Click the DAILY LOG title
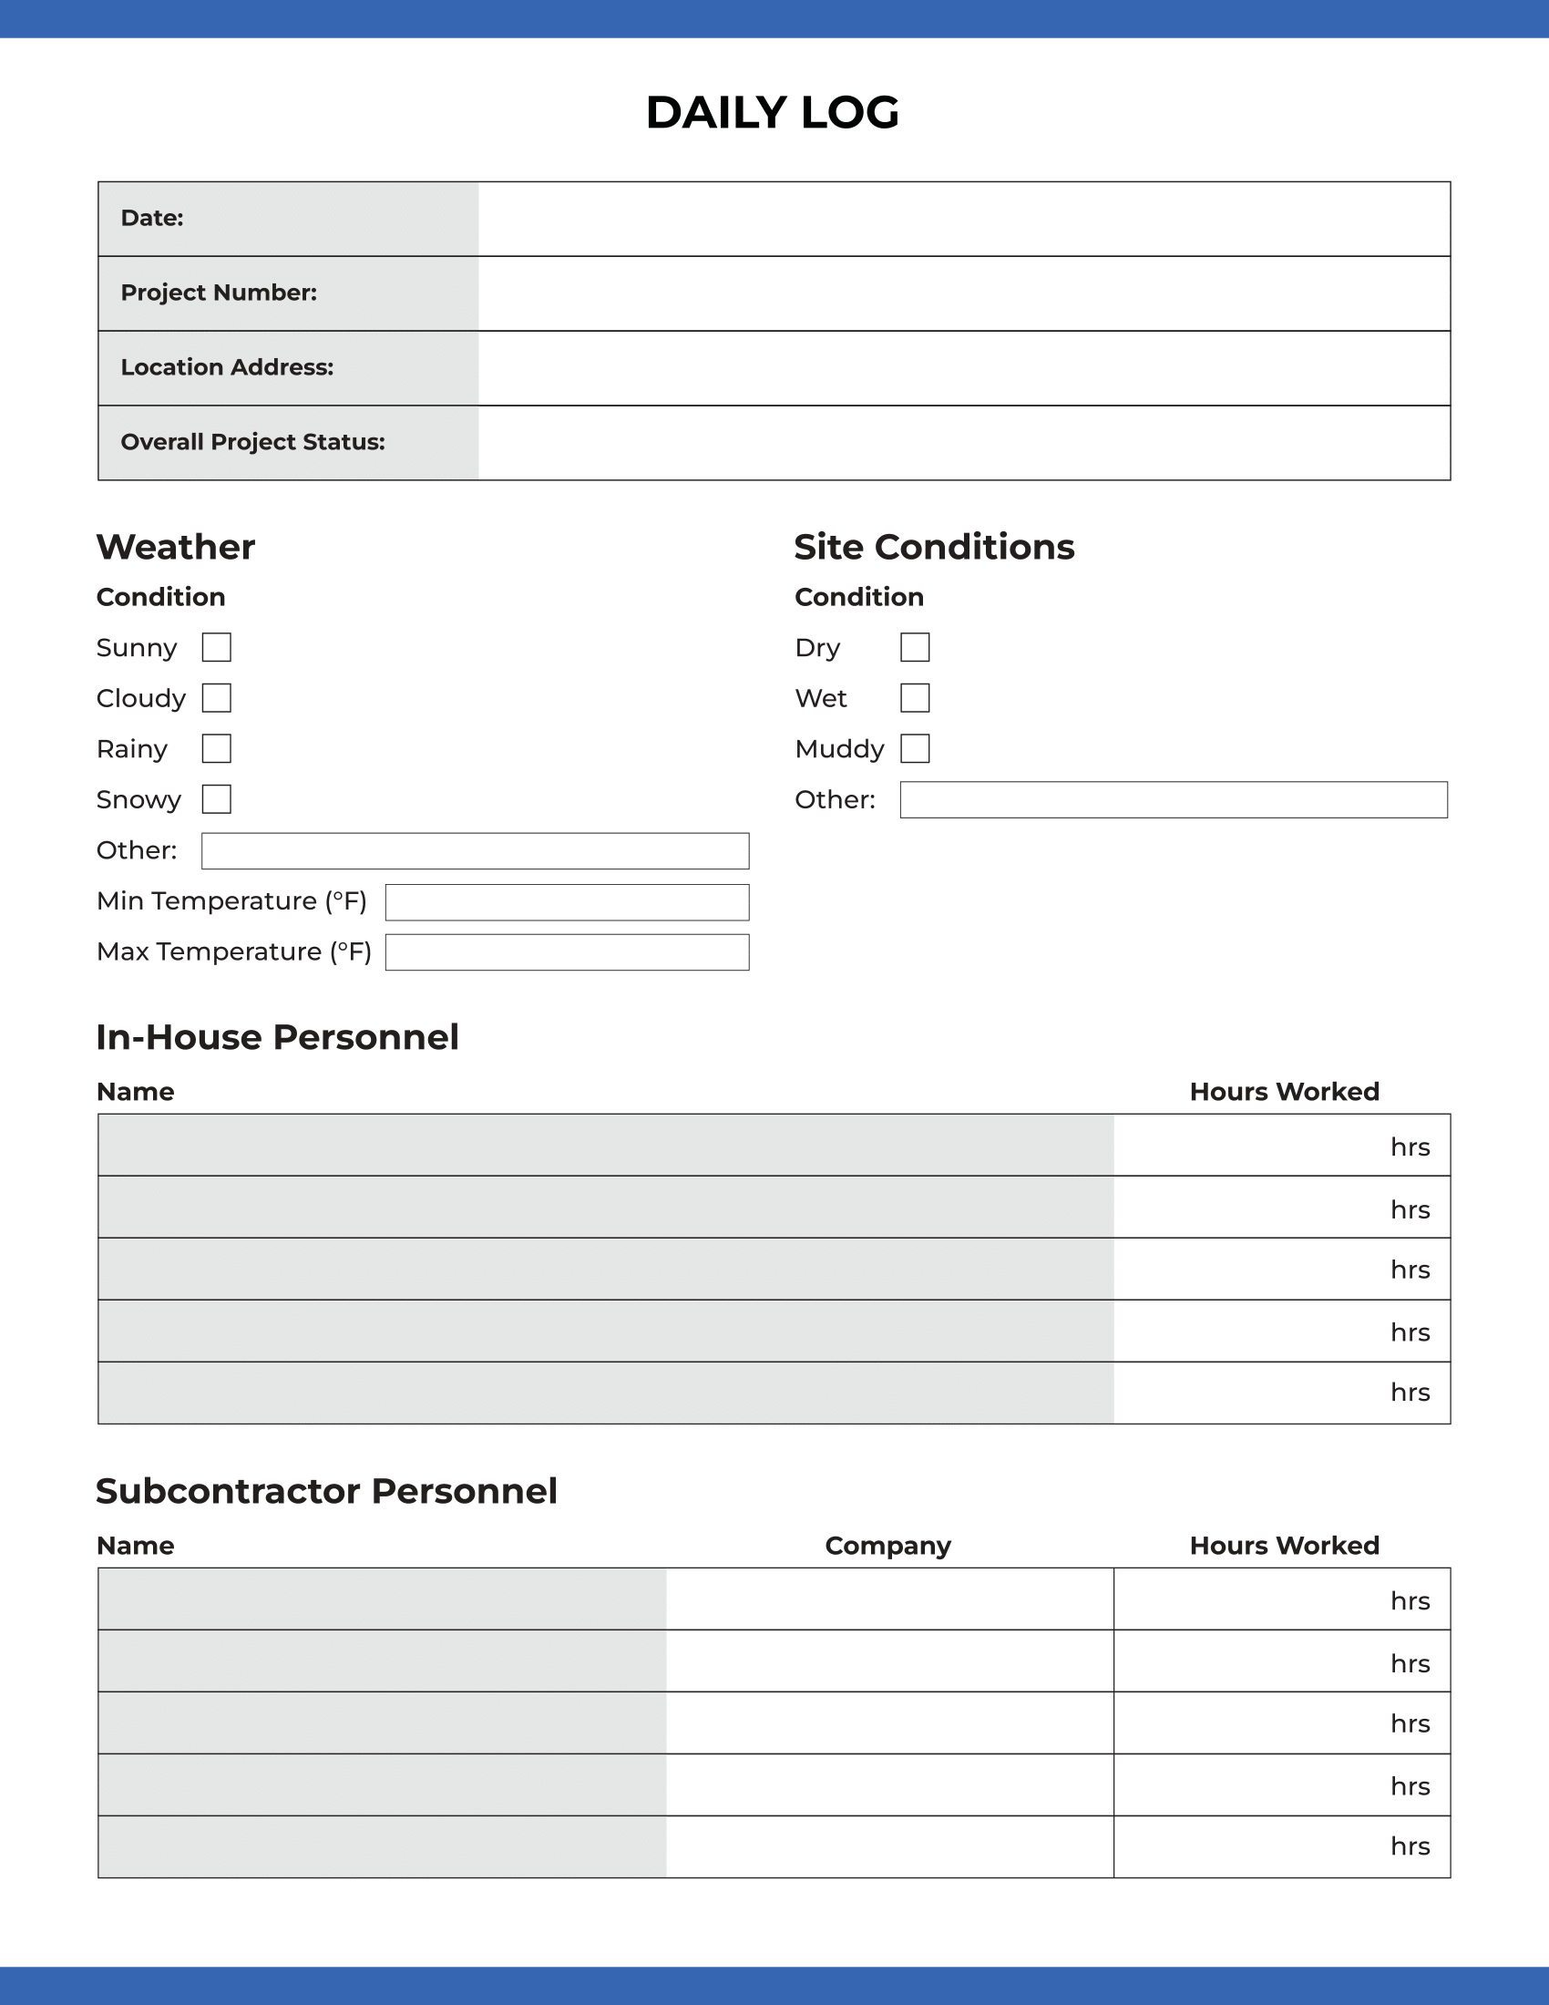click(x=772, y=113)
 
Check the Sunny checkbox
click(x=217, y=647)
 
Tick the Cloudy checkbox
click(x=217, y=698)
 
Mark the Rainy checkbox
click(x=217, y=748)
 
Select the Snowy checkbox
click(x=217, y=798)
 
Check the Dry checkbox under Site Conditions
click(x=915, y=647)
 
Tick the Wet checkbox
click(x=915, y=698)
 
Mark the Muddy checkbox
click(x=915, y=748)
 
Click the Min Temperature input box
click(x=567, y=902)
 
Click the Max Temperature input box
click(x=567, y=952)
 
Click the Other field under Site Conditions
click(x=1174, y=799)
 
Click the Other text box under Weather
click(x=476, y=851)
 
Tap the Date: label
click(x=152, y=219)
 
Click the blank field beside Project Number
click(x=963, y=293)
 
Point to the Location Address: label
click(x=228, y=367)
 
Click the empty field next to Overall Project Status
click(x=963, y=443)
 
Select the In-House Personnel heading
click(x=277, y=1037)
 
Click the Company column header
click(x=887, y=1546)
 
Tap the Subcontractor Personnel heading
click(x=327, y=1491)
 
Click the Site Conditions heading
click(x=934, y=547)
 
